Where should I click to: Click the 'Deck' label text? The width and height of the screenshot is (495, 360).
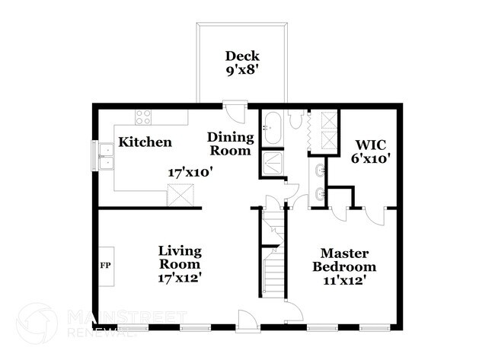[242, 56]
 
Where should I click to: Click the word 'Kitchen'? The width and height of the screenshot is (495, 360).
[145, 142]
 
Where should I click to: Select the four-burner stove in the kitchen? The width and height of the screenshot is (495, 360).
[142, 116]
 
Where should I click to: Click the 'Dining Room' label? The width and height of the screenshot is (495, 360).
[230, 144]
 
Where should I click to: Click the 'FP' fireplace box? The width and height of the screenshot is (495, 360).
[106, 267]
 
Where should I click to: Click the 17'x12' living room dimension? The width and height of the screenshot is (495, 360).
[180, 278]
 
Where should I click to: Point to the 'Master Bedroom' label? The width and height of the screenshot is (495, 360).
[348, 260]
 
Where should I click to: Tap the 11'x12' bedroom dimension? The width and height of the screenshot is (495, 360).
[348, 281]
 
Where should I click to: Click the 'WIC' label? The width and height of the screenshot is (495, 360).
[371, 144]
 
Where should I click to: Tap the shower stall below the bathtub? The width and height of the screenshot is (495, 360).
[272, 164]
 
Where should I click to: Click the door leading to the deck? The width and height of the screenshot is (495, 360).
[237, 114]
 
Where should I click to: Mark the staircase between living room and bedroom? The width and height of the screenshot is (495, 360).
[273, 255]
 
